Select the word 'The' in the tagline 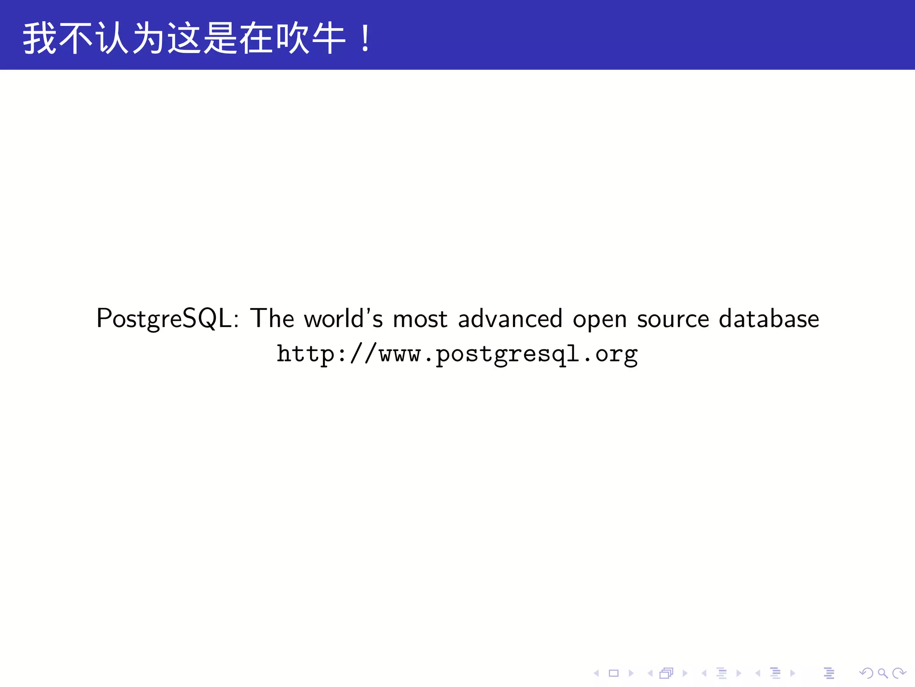click(272, 318)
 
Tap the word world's click(343, 318)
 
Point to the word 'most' click(420, 319)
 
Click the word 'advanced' click(510, 318)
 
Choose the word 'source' click(673, 319)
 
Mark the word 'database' click(769, 318)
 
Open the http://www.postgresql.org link click(457, 355)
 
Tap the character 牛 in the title click(328, 38)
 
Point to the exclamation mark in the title click(365, 38)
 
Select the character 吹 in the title click(292, 38)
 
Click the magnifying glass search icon click(882, 673)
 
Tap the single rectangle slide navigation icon click(613, 673)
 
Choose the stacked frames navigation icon click(666, 673)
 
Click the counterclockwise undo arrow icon click(866, 673)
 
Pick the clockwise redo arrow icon click(898, 673)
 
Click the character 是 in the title click(220, 38)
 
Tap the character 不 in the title click(76, 38)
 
